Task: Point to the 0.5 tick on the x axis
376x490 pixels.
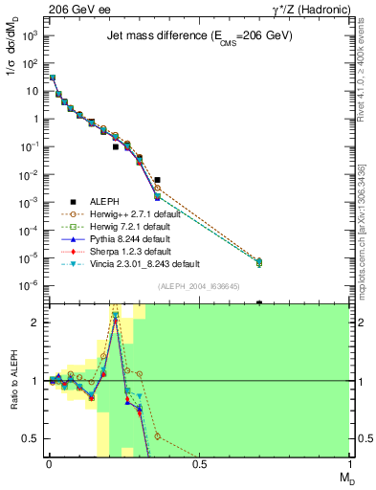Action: [199, 464]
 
